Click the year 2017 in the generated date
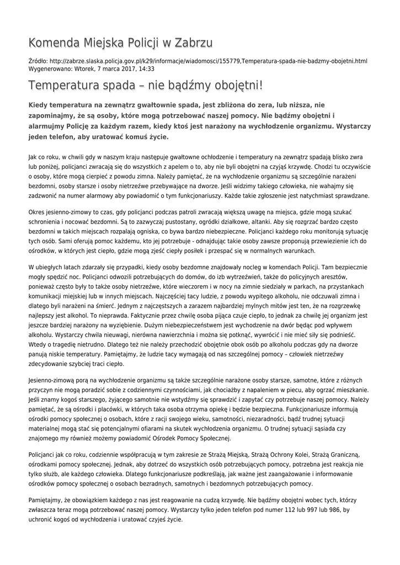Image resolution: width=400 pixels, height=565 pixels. [x=124, y=69]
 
